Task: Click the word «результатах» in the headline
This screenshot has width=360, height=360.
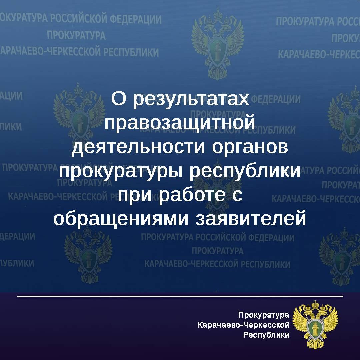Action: click(x=191, y=99)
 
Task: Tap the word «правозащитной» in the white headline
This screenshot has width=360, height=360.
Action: click(x=180, y=123)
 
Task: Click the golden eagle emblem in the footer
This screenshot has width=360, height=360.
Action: click(x=315, y=323)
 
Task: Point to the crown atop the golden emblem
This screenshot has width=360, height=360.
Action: click(x=315, y=304)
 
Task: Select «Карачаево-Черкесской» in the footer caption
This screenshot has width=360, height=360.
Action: click(x=243, y=325)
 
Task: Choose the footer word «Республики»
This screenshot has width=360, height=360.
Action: click(x=266, y=335)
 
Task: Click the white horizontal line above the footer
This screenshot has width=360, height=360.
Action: click(x=180, y=296)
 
